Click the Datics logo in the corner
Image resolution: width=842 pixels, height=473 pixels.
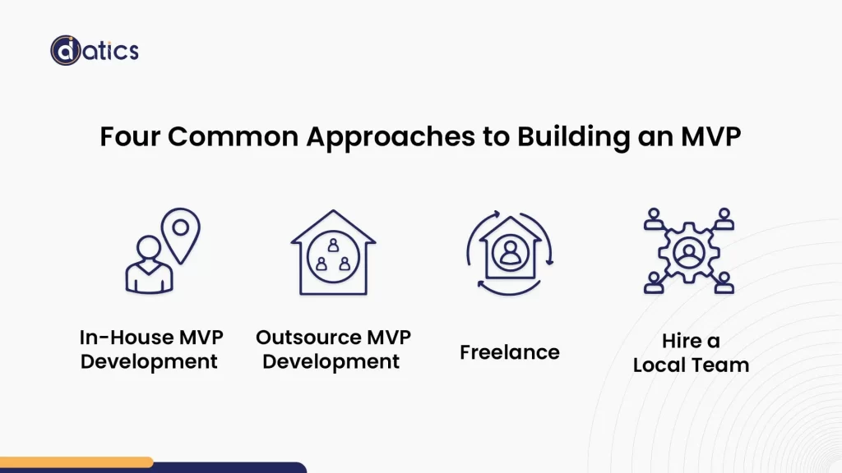[94, 50]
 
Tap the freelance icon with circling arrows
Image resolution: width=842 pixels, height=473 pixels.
[510, 252]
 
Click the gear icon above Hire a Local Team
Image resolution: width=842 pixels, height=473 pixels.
[687, 251]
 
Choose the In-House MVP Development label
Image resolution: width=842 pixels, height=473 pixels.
[150, 349]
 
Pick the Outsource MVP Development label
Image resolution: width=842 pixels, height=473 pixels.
[332, 349]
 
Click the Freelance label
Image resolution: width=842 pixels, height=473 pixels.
[509, 352]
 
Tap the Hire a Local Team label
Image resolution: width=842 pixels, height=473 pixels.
[691, 353]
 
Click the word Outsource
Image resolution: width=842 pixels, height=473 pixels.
[305, 338]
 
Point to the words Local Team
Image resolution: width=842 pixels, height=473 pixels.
[691, 365]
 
